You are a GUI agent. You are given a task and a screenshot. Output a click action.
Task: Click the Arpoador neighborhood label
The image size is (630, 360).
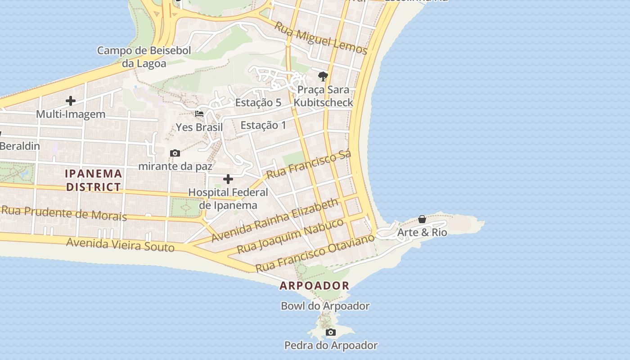point(314,285)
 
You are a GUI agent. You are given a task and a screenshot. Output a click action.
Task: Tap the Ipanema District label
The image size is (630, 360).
point(94,180)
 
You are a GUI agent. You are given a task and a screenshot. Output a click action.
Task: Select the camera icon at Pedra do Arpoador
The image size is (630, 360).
point(331,333)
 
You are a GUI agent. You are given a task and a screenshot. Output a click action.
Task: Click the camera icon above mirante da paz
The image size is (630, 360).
point(175,153)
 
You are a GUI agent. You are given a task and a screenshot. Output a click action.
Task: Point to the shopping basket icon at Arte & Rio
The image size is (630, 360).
point(422,219)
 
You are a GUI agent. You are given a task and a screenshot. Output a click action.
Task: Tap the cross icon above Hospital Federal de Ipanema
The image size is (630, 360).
point(228,179)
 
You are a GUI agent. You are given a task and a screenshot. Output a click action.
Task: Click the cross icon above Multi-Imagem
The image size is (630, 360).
point(71,101)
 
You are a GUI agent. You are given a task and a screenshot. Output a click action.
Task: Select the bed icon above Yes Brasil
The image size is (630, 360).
point(199,114)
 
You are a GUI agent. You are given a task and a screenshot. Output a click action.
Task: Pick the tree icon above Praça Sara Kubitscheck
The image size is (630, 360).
point(323,76)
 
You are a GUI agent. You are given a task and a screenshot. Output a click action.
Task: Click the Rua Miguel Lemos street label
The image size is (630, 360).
point(321,38)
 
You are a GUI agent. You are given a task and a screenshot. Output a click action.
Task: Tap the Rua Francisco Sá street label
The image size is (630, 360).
point(309,165)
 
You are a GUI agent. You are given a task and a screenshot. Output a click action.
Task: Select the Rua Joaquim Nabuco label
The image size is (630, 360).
point(290,235)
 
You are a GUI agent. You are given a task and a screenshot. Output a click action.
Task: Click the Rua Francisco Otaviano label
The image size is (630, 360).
point(315,253)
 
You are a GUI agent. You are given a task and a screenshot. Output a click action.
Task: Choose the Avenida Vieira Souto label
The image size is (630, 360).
point(120,245)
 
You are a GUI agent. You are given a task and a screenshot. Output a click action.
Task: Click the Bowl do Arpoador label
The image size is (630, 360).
point(325,306)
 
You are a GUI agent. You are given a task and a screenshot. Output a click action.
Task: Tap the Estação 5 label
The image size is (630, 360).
point(258,103)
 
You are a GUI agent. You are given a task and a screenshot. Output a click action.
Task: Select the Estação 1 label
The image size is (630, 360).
point(263,125)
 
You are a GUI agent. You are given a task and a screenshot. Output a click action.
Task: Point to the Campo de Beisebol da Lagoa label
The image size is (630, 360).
point(144,57)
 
